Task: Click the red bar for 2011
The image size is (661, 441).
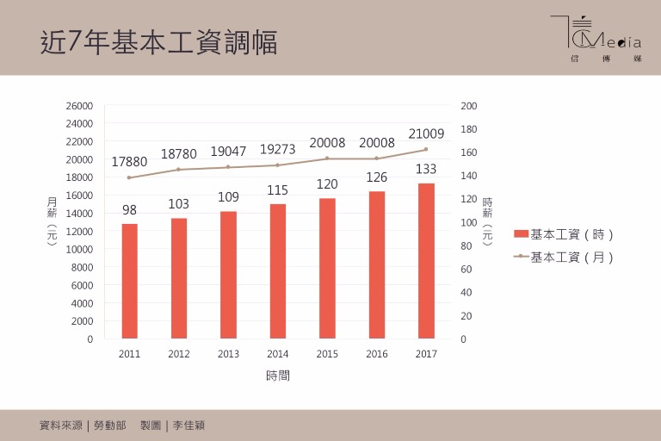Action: pos(130,281)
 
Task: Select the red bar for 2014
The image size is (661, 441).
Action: pos(278,270)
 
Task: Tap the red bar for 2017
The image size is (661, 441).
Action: pos(426,260)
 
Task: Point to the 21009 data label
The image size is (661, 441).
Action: pos(426,134)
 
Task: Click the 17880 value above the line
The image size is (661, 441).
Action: pos(129,162)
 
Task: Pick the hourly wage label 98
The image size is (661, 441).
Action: pos(129,210)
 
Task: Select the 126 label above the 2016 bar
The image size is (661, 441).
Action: pos(376,177)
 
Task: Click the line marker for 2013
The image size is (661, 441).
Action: pos(228,167)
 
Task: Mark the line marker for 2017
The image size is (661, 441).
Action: pos(426,149)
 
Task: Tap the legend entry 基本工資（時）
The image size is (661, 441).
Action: pos(564,234)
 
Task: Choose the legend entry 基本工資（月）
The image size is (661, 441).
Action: pos(564,257)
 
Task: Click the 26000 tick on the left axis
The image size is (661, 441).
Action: pos(79,106)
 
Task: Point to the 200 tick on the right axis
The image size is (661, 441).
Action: pos(469,106)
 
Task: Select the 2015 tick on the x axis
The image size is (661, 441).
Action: pos(327,354)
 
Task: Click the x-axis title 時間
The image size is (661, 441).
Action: pos(278,376)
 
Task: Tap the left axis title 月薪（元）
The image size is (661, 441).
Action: pos(52,221)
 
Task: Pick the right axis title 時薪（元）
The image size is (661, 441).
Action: pos(487,221)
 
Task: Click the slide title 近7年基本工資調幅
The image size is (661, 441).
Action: pos(159,41)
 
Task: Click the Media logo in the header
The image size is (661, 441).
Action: pos(596,40)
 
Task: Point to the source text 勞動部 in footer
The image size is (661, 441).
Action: pos(110,425)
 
